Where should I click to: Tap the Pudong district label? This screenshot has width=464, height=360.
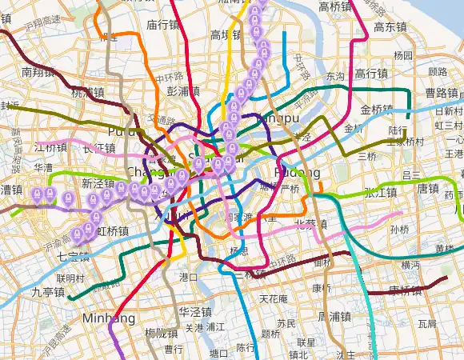point(297,173)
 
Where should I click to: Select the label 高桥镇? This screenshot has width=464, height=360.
point(335,7)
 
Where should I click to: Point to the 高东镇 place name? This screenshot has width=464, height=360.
point(390,26)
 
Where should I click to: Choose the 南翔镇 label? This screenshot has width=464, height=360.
point(38,72)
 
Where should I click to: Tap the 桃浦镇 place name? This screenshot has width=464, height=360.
point(88,92)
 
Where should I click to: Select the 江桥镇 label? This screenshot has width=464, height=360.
point(51,148)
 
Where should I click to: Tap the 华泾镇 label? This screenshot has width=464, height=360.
point(194,311)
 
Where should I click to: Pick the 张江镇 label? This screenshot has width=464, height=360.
point(380,192)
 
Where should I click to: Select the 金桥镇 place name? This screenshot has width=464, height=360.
point(377,110)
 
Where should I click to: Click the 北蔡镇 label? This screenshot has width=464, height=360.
point(310,223)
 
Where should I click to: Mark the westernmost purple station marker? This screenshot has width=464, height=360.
point(36,194)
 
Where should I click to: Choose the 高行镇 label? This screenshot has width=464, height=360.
point(371,74)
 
